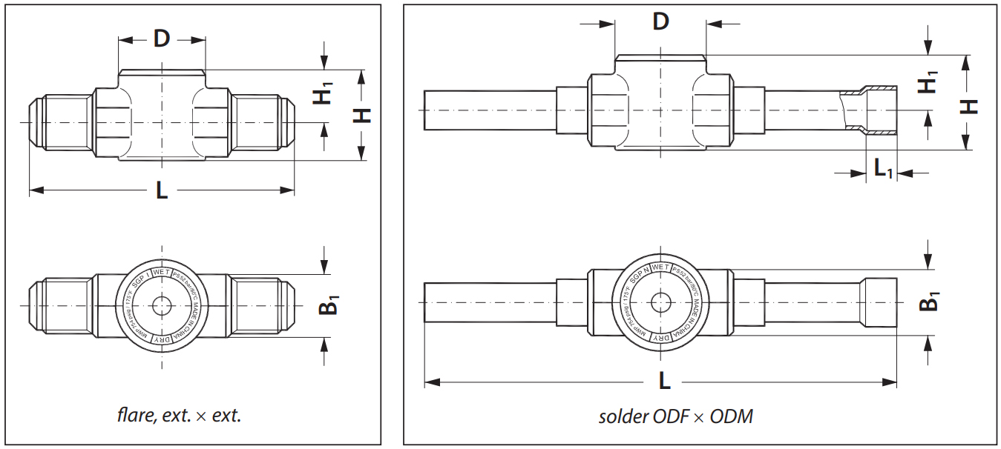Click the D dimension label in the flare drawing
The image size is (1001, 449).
(162, 39)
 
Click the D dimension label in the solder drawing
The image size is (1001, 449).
(660, 21)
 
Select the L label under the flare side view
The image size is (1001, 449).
(162, 191)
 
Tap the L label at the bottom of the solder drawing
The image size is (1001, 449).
(665, 382)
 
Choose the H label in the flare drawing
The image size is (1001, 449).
(361, 115)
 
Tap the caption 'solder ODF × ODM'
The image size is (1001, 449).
(675, 416)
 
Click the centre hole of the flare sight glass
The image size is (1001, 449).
(160, 305)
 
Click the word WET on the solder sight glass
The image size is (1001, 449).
(660, 267)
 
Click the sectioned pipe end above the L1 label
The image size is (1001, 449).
(879, 111)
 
